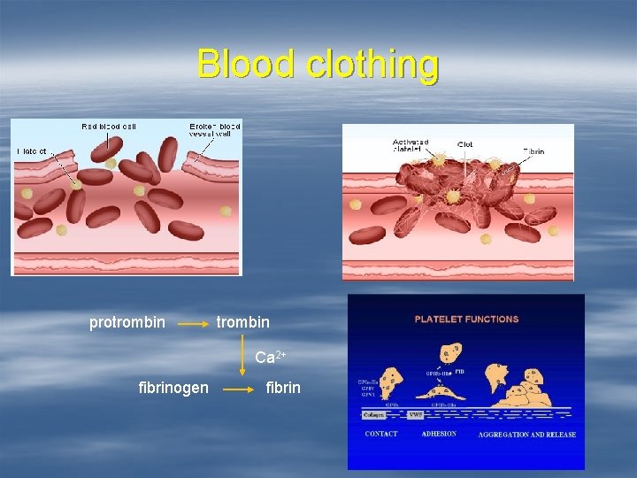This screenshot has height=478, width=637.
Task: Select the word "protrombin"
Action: click(x=127, y=322)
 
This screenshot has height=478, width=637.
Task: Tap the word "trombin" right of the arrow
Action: click(x=243, y=322)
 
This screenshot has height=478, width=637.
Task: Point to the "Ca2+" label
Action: click(x=270, y=358)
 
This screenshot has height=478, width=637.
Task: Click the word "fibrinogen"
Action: click(x=174, y=388)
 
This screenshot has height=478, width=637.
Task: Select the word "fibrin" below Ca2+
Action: click(x=283, y=388)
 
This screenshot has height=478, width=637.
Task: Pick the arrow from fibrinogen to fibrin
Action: click(x=237, y=389)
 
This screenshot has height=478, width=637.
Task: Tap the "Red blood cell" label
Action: click(x=109, y=127)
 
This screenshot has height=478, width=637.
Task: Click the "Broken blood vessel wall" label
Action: click(x=214, y=130)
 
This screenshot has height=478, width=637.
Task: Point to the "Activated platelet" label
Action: click(x=411, y=145)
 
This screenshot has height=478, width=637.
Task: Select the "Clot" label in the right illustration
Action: click(x=464, y=144)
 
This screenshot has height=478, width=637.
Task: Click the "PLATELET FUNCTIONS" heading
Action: click(x=466, y=319)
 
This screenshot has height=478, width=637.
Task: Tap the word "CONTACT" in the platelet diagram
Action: click(x=381, y=434)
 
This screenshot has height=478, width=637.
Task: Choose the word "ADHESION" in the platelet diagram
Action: click(x=439, y=434)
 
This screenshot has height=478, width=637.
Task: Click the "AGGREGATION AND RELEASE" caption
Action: click(x=526, y=435)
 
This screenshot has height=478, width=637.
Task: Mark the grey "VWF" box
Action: click(x=415, y=413)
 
